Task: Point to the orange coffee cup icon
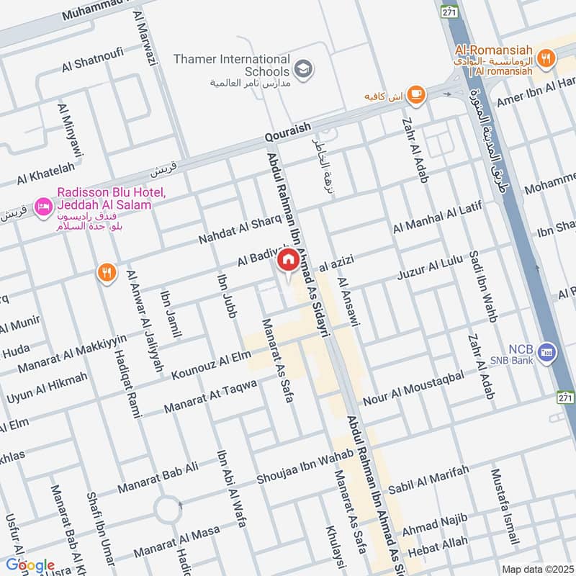(x=415, y=94)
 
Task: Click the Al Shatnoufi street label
(x=93, y=60)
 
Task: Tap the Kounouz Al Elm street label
(x=212, y=365)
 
